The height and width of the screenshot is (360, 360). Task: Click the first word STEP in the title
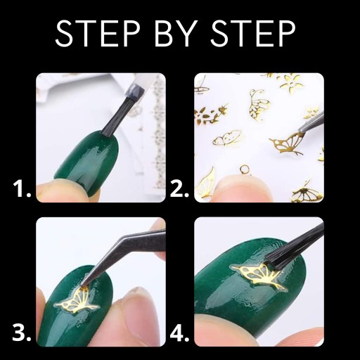pos(98,33)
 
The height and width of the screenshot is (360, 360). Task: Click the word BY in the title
pos(176,33)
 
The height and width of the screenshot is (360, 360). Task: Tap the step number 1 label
pos(22,188)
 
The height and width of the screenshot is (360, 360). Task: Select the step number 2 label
pos(179,188)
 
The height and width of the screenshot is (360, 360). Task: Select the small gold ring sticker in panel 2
pos(245,169)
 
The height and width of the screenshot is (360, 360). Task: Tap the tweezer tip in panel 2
pos(300,131)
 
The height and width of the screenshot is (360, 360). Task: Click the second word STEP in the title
pos(252,33)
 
